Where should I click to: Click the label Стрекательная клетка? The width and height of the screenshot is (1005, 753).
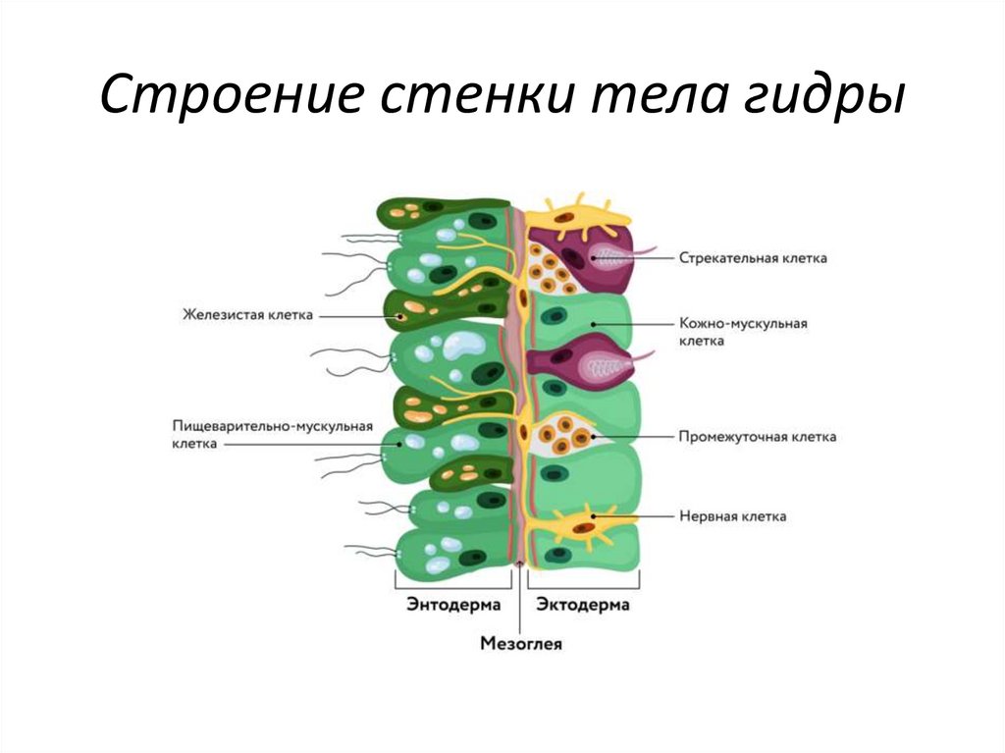click(753, 258)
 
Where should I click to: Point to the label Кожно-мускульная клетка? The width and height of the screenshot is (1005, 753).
click(743, 331)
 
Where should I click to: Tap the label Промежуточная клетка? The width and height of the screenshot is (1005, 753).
click(758, 437)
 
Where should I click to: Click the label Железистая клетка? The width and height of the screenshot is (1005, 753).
click(246, 315)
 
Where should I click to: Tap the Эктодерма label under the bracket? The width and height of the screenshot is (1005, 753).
click(583, 605)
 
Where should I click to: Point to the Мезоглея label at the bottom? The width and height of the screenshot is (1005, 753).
click(520, 644)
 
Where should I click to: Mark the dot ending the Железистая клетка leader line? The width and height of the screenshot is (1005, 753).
click(400, 316)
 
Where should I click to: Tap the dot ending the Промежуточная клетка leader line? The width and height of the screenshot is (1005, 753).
click(593, 437)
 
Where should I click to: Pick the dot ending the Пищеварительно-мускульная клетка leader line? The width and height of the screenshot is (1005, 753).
click(398, 444)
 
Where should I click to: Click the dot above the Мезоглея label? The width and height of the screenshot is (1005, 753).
click(520, 564)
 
